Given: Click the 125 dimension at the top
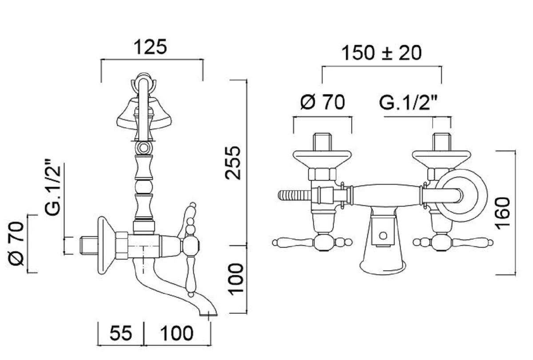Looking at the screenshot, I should (151, 47).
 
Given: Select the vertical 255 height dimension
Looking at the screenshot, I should (234, 162).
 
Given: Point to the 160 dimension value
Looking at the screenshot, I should (504, 213).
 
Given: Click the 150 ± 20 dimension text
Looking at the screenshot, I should (381, 53).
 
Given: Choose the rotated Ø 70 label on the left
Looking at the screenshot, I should (16, 244).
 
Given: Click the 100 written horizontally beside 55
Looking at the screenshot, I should (177, 333).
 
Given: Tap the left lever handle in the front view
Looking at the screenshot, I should (293, 242).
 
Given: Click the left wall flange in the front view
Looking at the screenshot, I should (322, 158).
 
